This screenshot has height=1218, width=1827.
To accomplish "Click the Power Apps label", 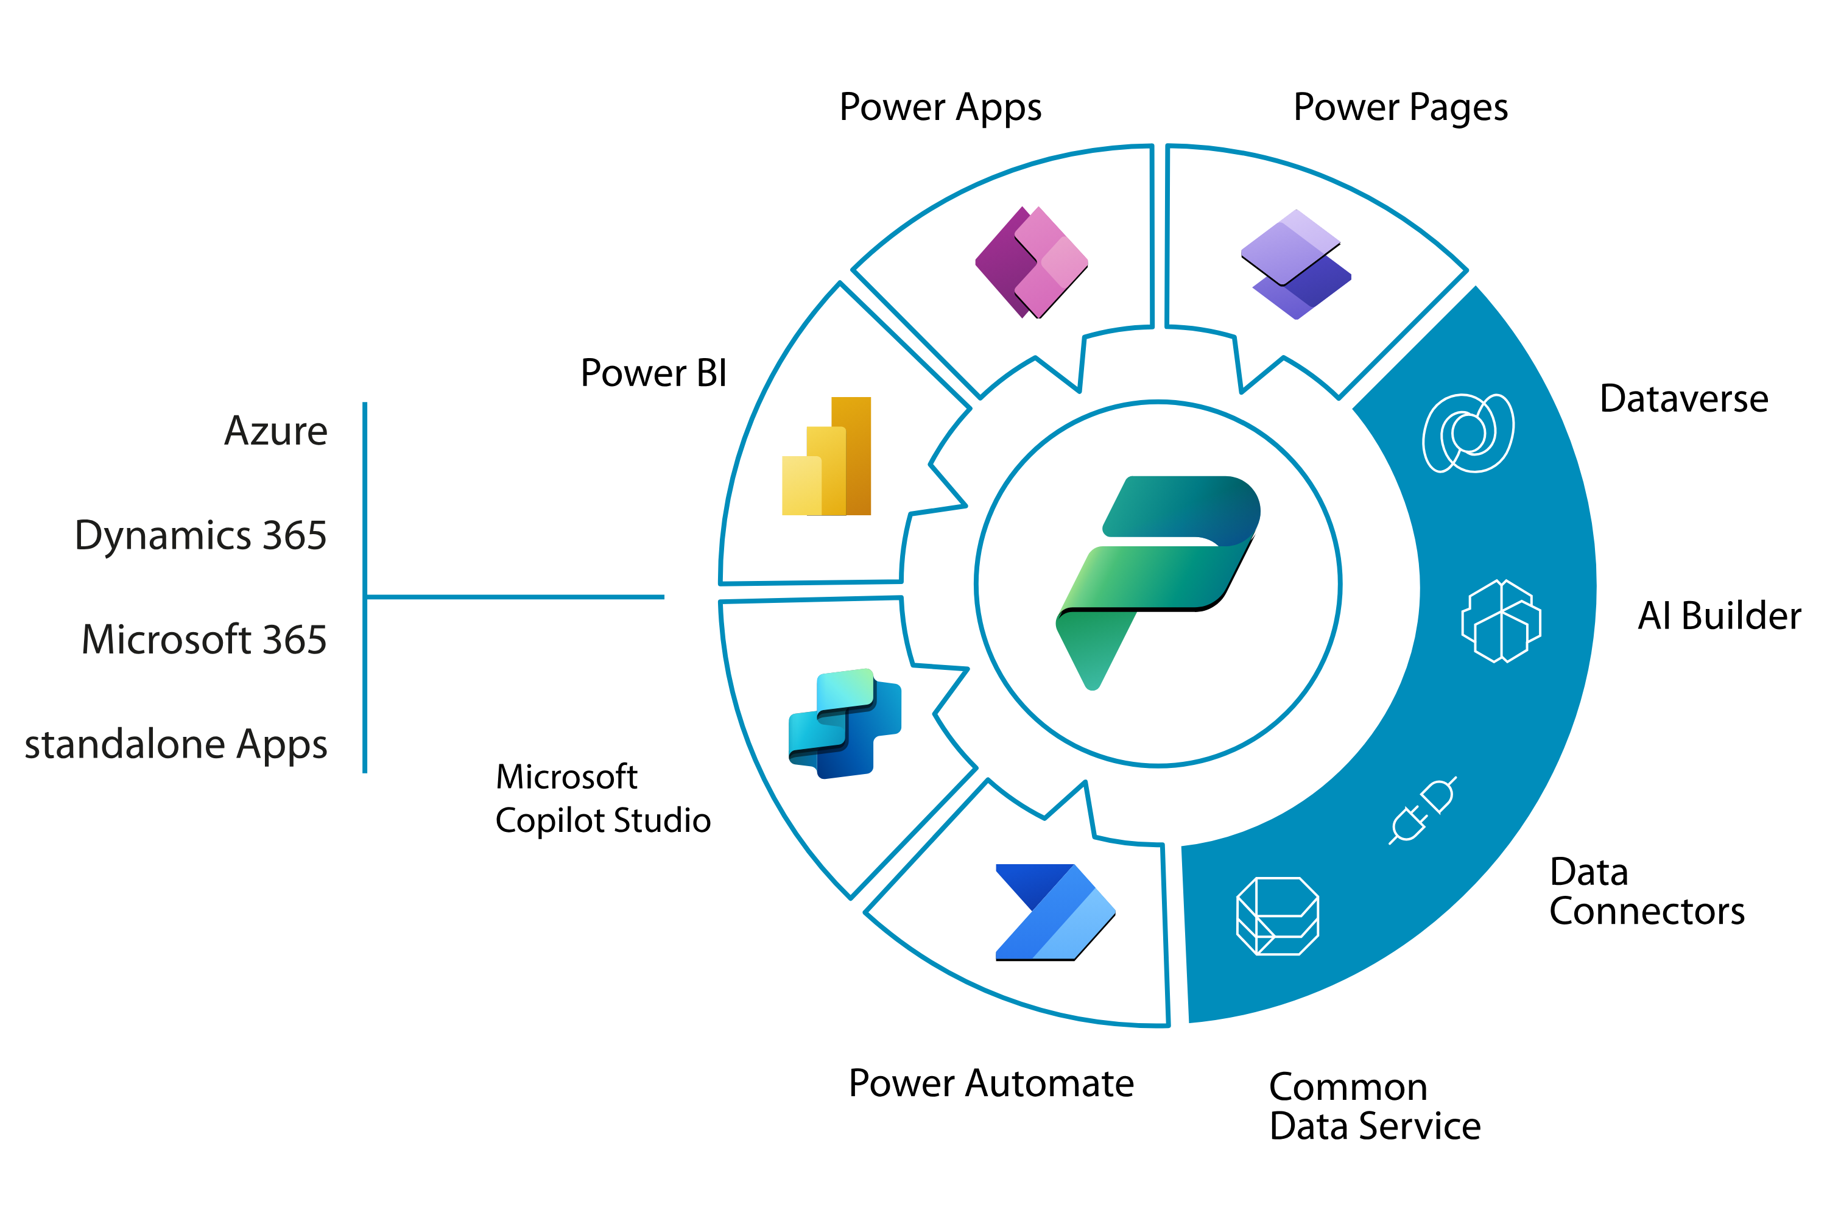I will click(940, 108).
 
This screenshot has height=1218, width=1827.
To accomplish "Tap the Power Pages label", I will click(1399, 108).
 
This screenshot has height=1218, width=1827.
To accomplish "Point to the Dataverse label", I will click(1683, 398).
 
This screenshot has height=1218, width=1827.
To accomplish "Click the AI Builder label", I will click(1718, 615).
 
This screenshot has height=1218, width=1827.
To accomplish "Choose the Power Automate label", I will click(990, 1083).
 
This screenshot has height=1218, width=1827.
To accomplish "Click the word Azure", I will click(276, 431).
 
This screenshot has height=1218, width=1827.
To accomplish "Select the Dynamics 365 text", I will click(200, 535).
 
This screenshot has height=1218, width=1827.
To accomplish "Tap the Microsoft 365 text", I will click(204, 639).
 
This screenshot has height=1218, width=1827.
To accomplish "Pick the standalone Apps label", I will click(177, 744).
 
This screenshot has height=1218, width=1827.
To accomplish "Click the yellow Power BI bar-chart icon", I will click(826, 456).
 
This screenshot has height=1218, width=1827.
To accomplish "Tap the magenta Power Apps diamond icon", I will click(1032, 262).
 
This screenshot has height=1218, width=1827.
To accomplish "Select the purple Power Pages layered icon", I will click(1296, 264).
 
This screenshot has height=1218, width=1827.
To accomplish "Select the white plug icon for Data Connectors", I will click(1422, 810).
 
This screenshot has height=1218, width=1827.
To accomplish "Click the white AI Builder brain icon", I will click(1501, 621).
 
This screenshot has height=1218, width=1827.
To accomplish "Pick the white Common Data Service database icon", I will click(1277, 916).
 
